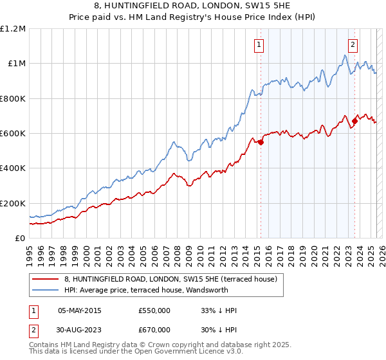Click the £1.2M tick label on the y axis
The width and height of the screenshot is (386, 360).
[x=14, y=29]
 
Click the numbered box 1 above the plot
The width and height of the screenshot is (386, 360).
[x=258, y=45]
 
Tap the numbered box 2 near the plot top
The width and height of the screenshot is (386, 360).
[x=353, y=45]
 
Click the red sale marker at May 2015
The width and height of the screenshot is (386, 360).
[x=261, y=142]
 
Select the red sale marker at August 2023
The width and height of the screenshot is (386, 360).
[x=354, y=121]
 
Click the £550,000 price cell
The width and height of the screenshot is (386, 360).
[x=154, y=310]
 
